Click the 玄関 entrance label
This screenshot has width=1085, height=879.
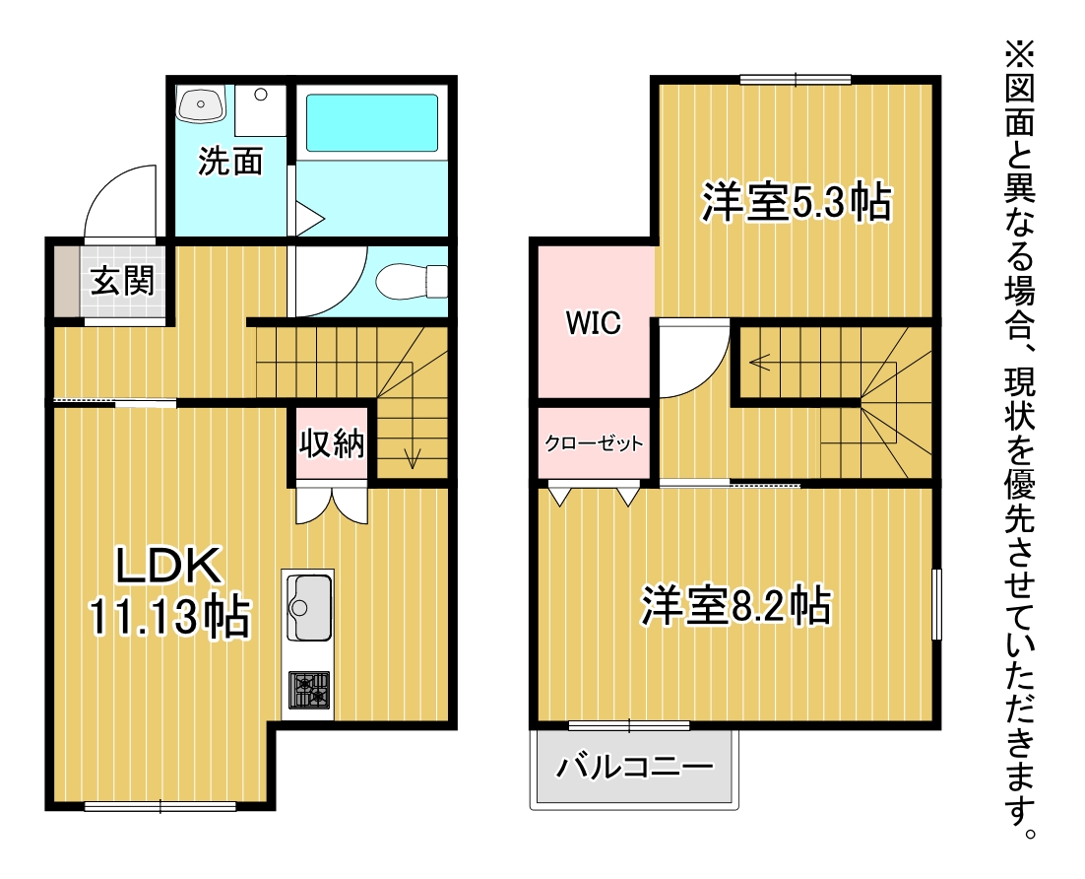pos(122,281)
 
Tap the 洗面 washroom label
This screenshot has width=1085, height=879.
pos(230,162)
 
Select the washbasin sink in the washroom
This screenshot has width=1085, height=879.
pos(202,103)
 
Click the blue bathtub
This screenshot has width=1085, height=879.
pos(371,122)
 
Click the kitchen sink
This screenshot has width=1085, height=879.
pos(308,607)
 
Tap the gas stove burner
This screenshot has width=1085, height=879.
pos(308,690)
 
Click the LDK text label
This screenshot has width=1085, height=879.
pos(168,566)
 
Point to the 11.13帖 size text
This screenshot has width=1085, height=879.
pos(168,615)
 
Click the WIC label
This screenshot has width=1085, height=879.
pos(593,323)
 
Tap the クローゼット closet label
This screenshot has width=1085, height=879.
pos(594,442)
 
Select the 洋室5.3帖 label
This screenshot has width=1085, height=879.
pos(796,202)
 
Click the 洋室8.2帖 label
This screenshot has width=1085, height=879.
pos(735,606)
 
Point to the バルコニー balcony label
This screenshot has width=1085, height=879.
pos(634,766)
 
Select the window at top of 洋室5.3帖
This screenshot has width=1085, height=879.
pos(796,80)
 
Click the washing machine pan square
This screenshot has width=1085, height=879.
pos(260,110)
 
